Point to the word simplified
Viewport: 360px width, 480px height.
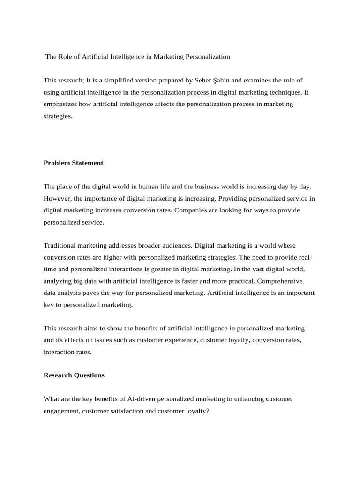pos(129,81)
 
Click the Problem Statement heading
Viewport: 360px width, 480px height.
pos(73,163)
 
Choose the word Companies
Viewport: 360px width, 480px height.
pos(191,210)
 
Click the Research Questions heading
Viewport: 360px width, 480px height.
pos(74,375)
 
